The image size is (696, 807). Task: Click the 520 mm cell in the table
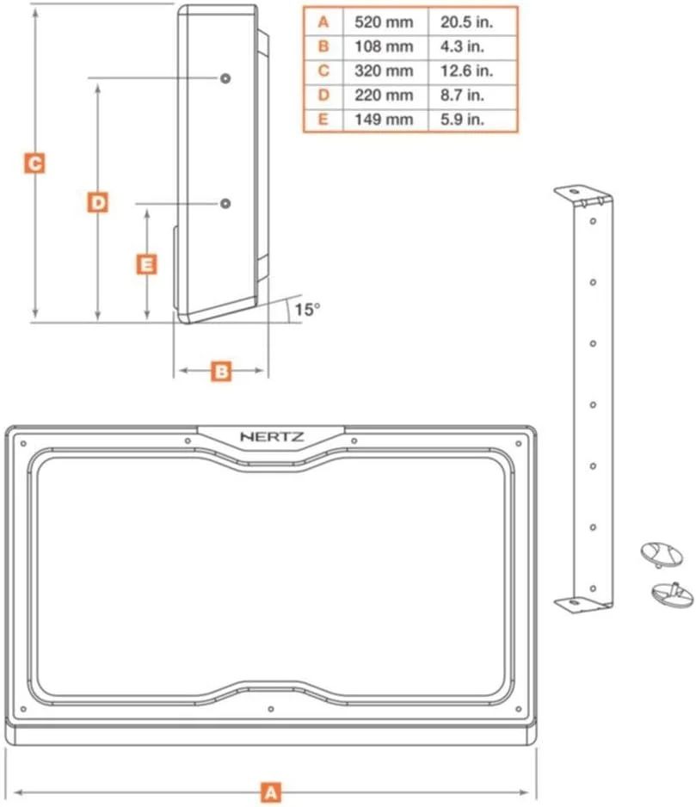tap(384, 21)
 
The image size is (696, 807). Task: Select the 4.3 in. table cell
tap(472, 46)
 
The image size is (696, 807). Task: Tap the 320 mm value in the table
tap(384, 71)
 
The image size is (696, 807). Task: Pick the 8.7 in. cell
tap(472, 95)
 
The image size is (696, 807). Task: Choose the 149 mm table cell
tap(384, 120)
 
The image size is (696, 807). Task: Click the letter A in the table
tap(323, 21)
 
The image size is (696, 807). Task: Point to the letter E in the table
tap(323, 120)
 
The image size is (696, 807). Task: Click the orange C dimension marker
tap(34, 163)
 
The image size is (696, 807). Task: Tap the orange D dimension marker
tap(98, 202)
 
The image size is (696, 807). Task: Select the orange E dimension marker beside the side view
tap(147, 264)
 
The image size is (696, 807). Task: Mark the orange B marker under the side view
tap(221, 371)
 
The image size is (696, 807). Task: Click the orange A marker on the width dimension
tap(271, 792)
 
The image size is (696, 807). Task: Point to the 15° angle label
tap(306, 310)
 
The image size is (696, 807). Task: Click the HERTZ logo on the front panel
tap(271, 436)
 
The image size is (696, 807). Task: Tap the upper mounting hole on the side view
tap(225, 78)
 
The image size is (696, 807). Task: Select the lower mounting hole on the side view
tap(225, 203)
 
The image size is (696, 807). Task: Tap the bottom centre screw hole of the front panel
tap(271, 709)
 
